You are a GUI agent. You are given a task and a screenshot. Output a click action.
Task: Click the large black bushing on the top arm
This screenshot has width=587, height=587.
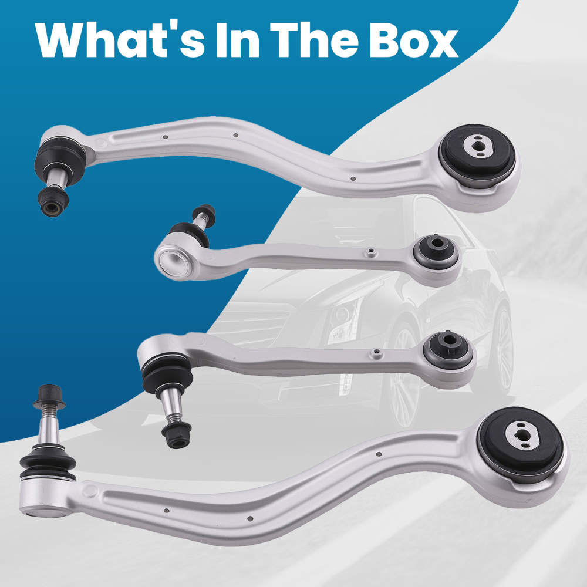(x=478, y=155)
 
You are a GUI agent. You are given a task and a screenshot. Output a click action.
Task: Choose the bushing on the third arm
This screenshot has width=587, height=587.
(x=448, y=350)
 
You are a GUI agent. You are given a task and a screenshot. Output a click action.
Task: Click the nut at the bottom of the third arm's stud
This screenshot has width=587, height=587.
(x=177, y=434)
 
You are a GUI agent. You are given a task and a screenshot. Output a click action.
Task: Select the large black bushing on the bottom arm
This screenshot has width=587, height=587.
(x=521, y=444)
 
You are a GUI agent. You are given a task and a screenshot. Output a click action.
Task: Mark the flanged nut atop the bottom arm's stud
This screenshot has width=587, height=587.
(x=49, y=397)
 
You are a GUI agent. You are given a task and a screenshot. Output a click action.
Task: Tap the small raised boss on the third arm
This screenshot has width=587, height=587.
(x=376, y=353)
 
